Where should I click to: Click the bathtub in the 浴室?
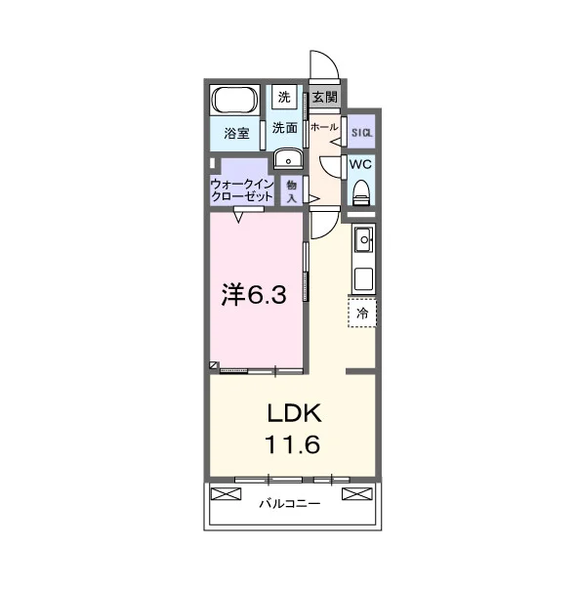235,100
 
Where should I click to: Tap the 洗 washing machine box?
284,97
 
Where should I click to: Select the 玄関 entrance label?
325,97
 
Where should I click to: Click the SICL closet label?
361,133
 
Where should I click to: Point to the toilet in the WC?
362,192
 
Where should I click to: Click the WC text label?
360,164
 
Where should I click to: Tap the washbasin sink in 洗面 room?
288,159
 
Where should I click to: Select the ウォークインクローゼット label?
242,190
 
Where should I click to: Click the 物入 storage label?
292,191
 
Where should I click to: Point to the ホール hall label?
324,127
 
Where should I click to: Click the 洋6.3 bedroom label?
254,295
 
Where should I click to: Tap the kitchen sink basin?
363,239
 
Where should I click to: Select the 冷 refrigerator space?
362,313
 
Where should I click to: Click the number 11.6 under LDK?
293,444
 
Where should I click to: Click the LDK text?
295,413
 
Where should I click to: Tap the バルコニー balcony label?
290,503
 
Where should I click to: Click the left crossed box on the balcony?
226,493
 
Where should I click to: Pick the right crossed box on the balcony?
357,493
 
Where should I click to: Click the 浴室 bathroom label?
236,133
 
